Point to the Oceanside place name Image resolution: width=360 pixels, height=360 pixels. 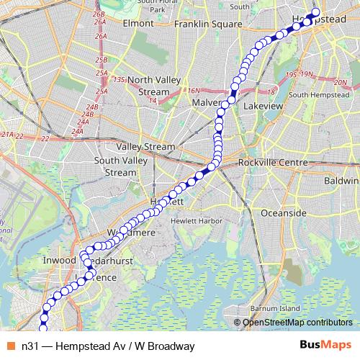coord(264,214)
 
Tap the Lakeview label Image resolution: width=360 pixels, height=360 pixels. coord(264,105)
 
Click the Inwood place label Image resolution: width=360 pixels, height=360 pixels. coord(57,259)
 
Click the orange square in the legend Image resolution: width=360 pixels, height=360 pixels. coord(11,346)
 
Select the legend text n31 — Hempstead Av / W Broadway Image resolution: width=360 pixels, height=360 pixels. coord(108,346)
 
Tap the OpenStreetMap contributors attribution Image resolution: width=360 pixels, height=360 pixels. coord(297,322)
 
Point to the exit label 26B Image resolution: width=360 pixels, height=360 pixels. coord(100,14)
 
